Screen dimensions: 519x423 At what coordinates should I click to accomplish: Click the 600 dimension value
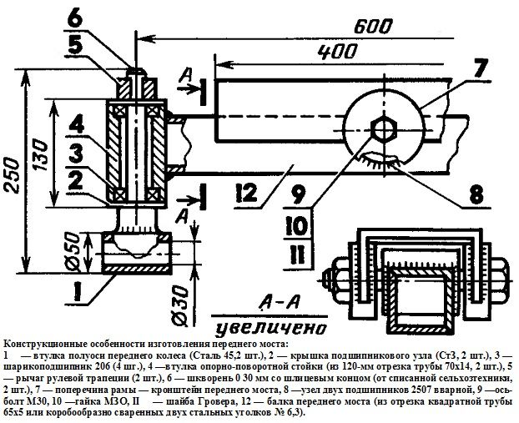tap(373, 28)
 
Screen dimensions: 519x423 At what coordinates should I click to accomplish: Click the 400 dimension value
tap(338, 52)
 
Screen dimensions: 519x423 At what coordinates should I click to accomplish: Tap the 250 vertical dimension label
tap(13, 174)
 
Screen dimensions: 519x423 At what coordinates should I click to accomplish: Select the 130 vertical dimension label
tap(40, 154)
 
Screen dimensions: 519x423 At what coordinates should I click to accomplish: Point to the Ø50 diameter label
tap(73, 252)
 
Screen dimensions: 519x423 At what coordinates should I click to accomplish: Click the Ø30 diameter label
tap(179, 306)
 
